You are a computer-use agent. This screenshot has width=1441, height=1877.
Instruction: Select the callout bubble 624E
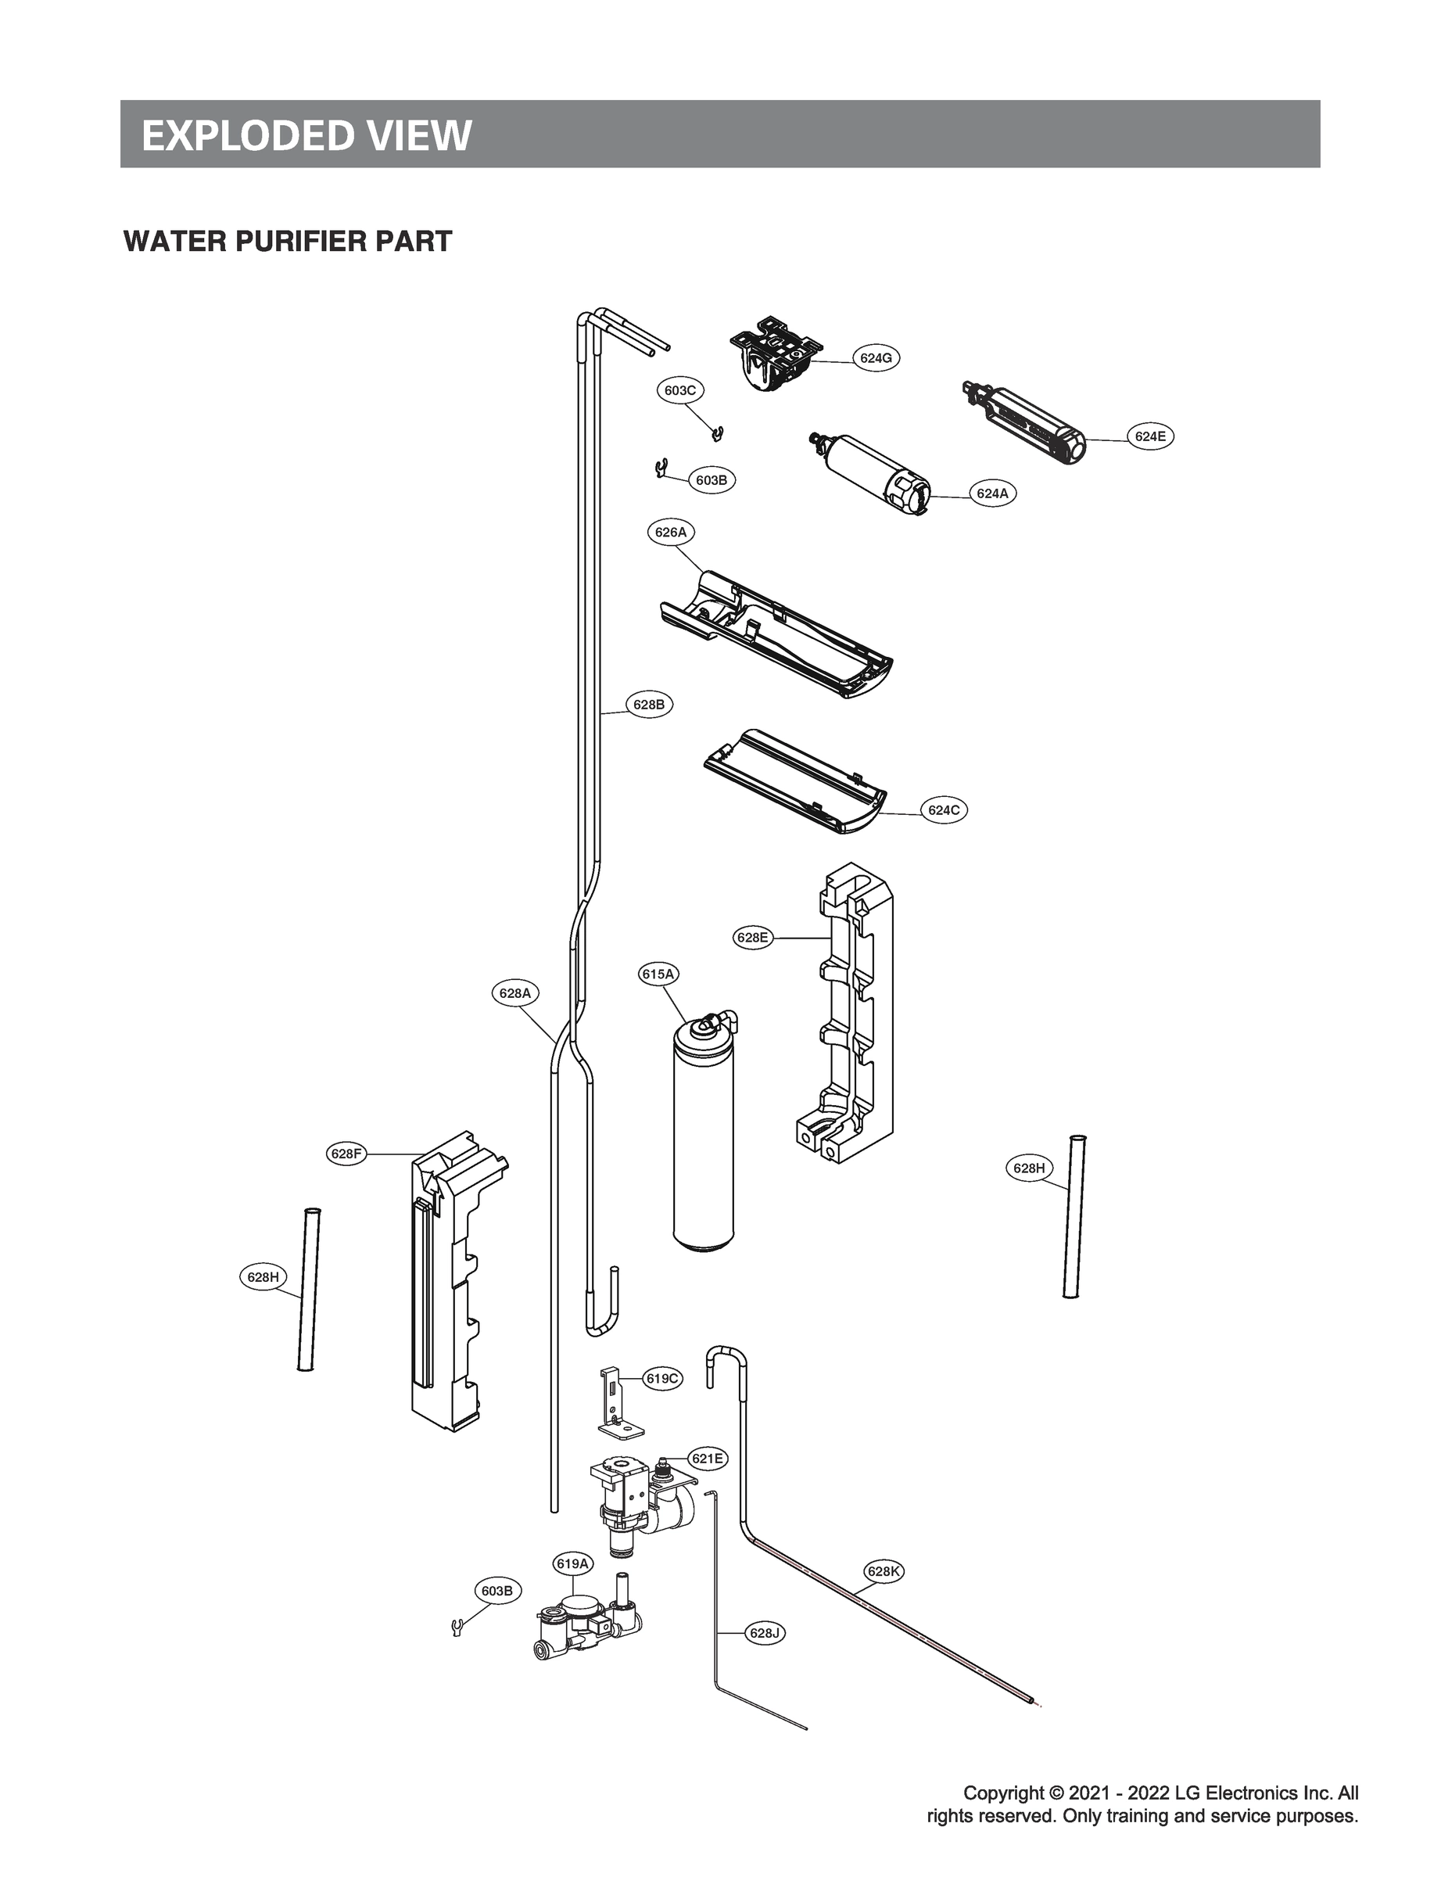1149,436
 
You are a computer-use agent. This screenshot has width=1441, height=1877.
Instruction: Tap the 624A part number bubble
992,493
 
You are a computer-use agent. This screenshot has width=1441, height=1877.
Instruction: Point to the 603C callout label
680,390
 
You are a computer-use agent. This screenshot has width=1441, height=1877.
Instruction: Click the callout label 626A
671,532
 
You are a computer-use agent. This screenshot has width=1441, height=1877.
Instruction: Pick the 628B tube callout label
648,705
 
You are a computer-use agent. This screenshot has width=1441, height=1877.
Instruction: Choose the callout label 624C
944,809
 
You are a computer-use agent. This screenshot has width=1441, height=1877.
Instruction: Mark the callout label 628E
752,938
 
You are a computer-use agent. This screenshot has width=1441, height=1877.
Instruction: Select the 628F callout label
346,1154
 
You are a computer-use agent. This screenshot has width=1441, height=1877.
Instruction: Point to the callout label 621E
708,1459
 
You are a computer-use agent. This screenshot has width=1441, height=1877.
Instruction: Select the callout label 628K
883,1572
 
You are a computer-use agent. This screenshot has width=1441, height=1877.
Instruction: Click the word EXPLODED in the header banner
236,135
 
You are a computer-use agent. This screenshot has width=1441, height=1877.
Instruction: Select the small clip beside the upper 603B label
660,469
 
